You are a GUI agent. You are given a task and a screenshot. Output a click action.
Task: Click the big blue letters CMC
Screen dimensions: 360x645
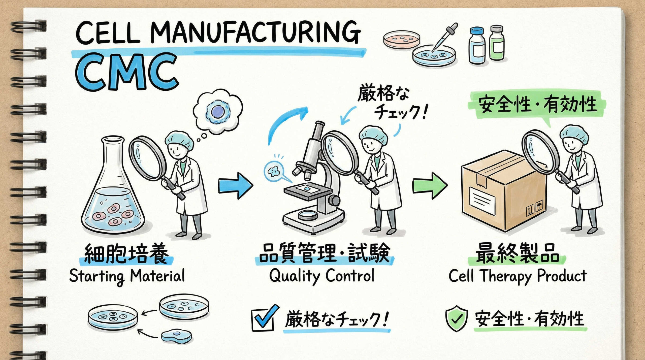(126, 72)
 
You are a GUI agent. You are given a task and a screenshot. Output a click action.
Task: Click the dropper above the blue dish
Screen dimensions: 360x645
(445, 38)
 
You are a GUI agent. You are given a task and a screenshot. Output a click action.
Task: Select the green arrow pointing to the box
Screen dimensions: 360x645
(429, 186)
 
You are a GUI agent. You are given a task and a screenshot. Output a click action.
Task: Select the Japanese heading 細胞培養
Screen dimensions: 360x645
(126, 253)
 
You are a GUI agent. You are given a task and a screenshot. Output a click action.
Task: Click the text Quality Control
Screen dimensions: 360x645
(322, 275)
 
